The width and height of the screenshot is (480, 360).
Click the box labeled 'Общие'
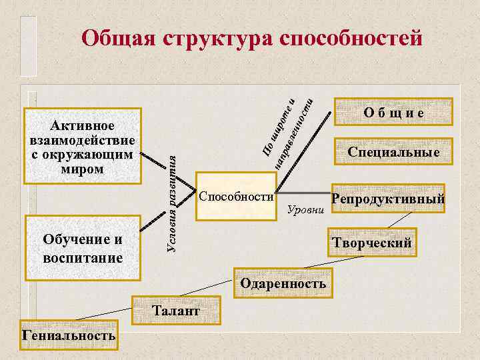point(393,113)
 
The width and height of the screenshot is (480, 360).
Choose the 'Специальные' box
point(393,152)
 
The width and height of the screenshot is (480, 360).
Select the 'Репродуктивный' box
point(388,199)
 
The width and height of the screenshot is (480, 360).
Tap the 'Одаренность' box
point(283,283)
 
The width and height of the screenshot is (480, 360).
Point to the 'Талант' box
point(175,311)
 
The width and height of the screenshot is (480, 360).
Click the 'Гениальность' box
point(69,335)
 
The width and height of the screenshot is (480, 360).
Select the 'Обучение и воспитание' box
point(83,249)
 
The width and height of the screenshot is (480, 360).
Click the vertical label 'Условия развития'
point(171,199)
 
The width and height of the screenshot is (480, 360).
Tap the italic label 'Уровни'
point(305,211)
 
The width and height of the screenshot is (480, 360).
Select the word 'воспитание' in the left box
point(83,257)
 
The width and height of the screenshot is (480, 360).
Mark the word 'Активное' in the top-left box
point(83,126)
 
